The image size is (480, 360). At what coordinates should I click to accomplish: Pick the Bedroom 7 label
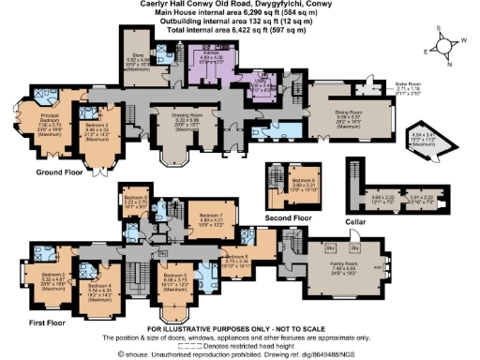(x=209, y=217)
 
